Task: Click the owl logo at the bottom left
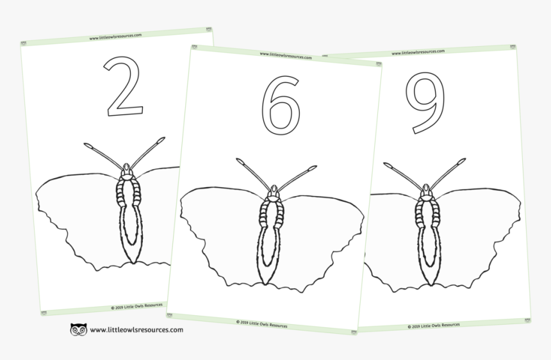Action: [78, 330]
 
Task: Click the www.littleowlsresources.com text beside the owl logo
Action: [136, 330]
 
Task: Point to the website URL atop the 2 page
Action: [115, 37]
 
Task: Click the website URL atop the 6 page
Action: [286, 56]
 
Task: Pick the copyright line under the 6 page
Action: [261, 324]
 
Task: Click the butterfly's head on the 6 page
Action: [274, 190]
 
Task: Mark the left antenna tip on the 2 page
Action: [88, 145]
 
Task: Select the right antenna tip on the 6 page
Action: [312, 168]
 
